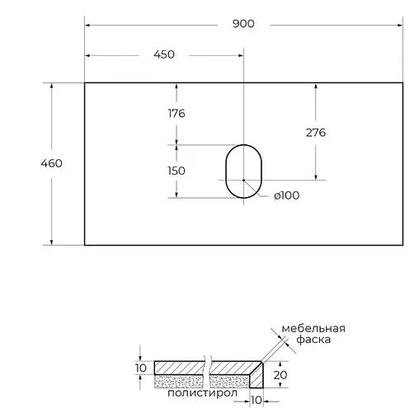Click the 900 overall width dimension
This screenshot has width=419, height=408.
tap(243, 23)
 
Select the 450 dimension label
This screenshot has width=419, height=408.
tap(164, 54)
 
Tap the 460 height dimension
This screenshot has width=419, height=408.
tap(51, 163)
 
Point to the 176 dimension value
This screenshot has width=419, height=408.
tap(175, 113)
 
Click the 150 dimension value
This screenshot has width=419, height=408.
tap(175, 171)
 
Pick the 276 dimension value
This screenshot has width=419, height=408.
tap(316, 132)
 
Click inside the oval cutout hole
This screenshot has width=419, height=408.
tap(242, 171)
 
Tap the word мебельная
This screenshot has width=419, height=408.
tap(313, 329)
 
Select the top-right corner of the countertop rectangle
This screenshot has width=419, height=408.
tap(402, 82)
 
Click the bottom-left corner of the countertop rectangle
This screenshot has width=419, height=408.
tap(85, 245)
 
